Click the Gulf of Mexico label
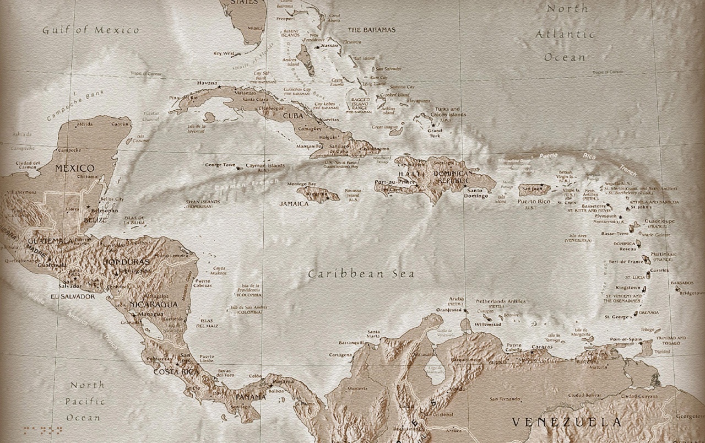click(91, 30)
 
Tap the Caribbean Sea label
click(361, 274)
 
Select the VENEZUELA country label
click(567, 422)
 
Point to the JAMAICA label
click(294, 204)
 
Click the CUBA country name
click(293, 116)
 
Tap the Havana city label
click(207, 83)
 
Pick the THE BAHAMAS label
click(371, 30)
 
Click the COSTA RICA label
click(176, 372)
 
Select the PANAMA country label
click(251, 397)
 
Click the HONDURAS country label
click(126, 262)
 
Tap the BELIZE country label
click(95, 220)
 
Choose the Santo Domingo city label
click(476, 193)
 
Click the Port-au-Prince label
click(395, 182)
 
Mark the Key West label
click(224, 53)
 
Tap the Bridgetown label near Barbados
click(692, 293)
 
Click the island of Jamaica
click(318, 194)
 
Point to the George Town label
click(220, 165)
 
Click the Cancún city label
click(120, 124)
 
